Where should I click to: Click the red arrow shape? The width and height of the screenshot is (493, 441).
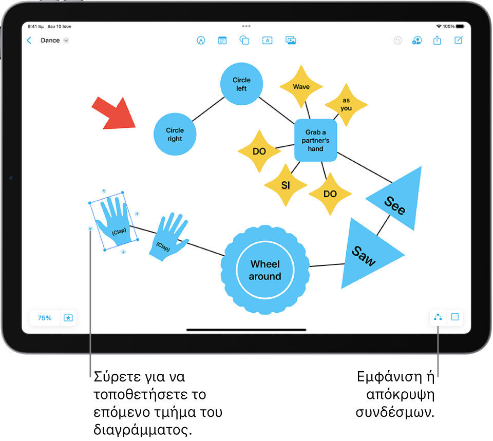point(115,114)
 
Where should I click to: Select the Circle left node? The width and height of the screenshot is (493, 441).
point(241,84)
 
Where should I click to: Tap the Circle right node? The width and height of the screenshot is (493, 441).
point(175,134)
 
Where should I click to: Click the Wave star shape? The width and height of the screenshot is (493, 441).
point(301,86)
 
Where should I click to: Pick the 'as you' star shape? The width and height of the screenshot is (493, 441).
point(346,105)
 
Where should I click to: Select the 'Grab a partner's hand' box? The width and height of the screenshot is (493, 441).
point(316,140)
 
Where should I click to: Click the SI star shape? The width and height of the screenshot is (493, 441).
point(286,185)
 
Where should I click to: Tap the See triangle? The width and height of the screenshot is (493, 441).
point(397,201)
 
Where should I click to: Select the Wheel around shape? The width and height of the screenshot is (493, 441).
point(265,270)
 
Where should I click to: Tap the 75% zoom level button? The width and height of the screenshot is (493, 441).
point(44,318)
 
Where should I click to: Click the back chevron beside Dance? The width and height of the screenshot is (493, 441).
point(29,40)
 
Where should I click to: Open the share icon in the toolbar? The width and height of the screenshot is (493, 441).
point(437,40)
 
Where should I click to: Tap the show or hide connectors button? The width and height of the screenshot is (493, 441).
point(438,317)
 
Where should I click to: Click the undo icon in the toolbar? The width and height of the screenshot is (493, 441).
point(397,41)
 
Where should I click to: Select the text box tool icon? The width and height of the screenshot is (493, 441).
point(267,40)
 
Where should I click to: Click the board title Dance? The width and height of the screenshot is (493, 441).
point(50,40)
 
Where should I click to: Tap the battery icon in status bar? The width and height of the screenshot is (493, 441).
point(460,26)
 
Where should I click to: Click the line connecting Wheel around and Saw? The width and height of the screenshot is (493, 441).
point(327,265)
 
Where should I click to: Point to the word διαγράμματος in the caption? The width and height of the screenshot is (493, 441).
point(143,429)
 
